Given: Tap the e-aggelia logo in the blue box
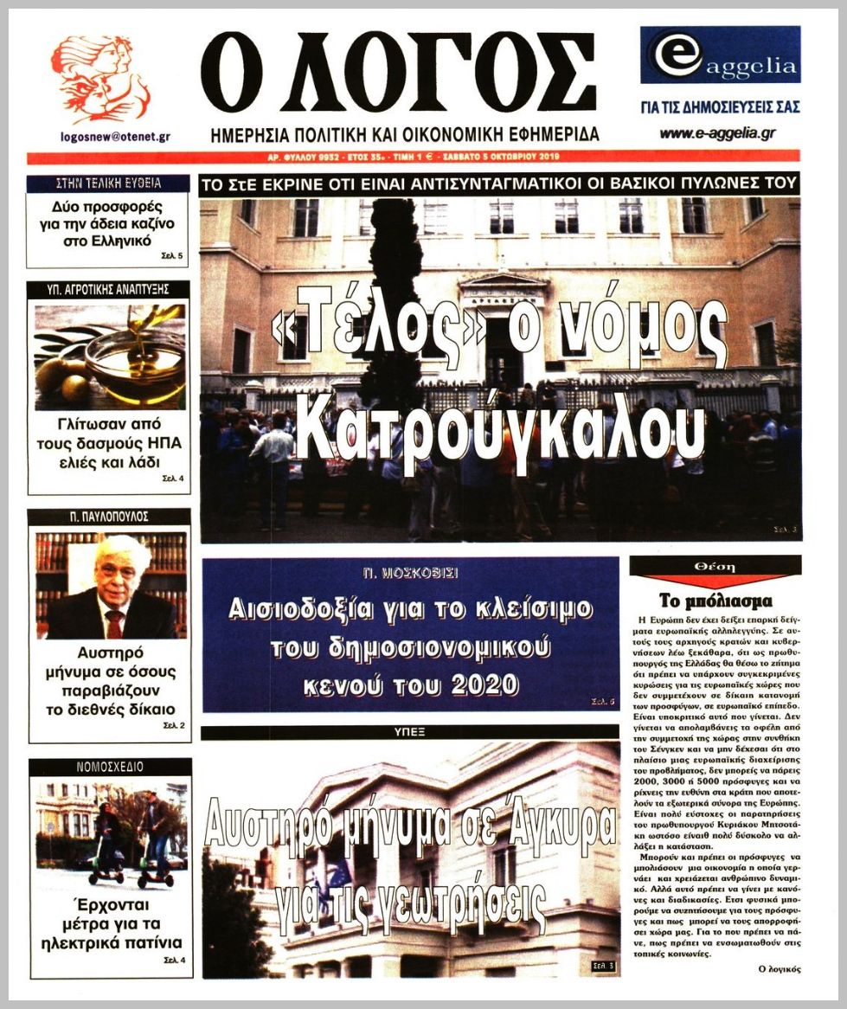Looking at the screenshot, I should (x=720, y=55).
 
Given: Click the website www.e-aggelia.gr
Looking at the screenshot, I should (x=717, y=133).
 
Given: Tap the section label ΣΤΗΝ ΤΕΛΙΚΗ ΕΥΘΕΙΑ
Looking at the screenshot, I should (x=108, y=183).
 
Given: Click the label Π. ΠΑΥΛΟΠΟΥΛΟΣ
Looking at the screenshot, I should (x=109, y=516).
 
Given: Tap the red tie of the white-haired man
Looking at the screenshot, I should (x=114, y=623).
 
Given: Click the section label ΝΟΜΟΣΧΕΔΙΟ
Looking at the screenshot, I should (x=108, y=767).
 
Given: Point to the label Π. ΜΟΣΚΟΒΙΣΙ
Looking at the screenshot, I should (x=410, y=573).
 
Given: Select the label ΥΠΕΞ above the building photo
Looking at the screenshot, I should (x=410, y=732).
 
